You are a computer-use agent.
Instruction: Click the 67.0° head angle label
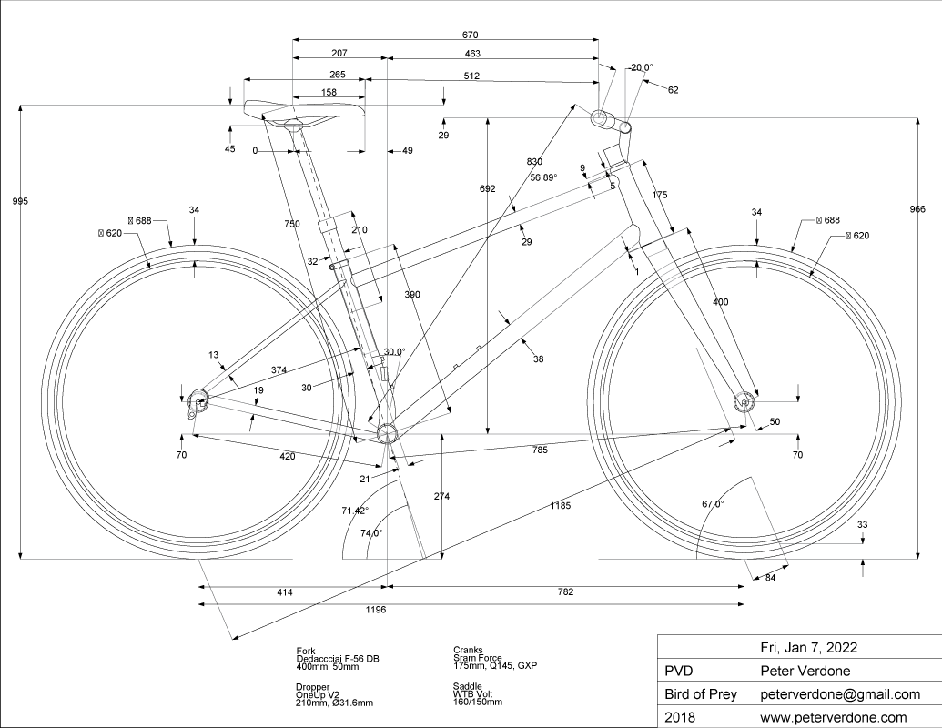(x=712, y=504)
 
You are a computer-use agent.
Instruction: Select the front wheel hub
(x=744, y=400)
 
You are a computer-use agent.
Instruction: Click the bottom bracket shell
(x=385, y=430)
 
